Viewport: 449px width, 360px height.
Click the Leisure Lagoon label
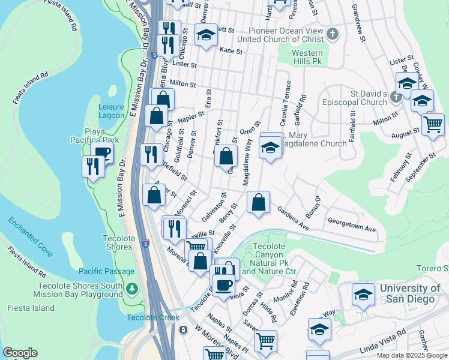pos(111,111)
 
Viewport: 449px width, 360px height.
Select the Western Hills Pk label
pos(307,58)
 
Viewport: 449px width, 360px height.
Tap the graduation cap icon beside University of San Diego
pos(363,295)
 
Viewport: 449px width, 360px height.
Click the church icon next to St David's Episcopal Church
pos(396,97)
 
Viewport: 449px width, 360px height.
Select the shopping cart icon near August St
pos(432,125)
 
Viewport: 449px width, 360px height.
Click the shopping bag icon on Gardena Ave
pos(258,203)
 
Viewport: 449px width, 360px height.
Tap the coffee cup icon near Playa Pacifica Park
pos(102,152)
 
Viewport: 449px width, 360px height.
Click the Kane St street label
pos(231,52)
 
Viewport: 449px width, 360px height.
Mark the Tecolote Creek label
pos(152,317)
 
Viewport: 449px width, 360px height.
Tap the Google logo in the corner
pos(20,353)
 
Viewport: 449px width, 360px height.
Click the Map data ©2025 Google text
pos(412,355)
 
